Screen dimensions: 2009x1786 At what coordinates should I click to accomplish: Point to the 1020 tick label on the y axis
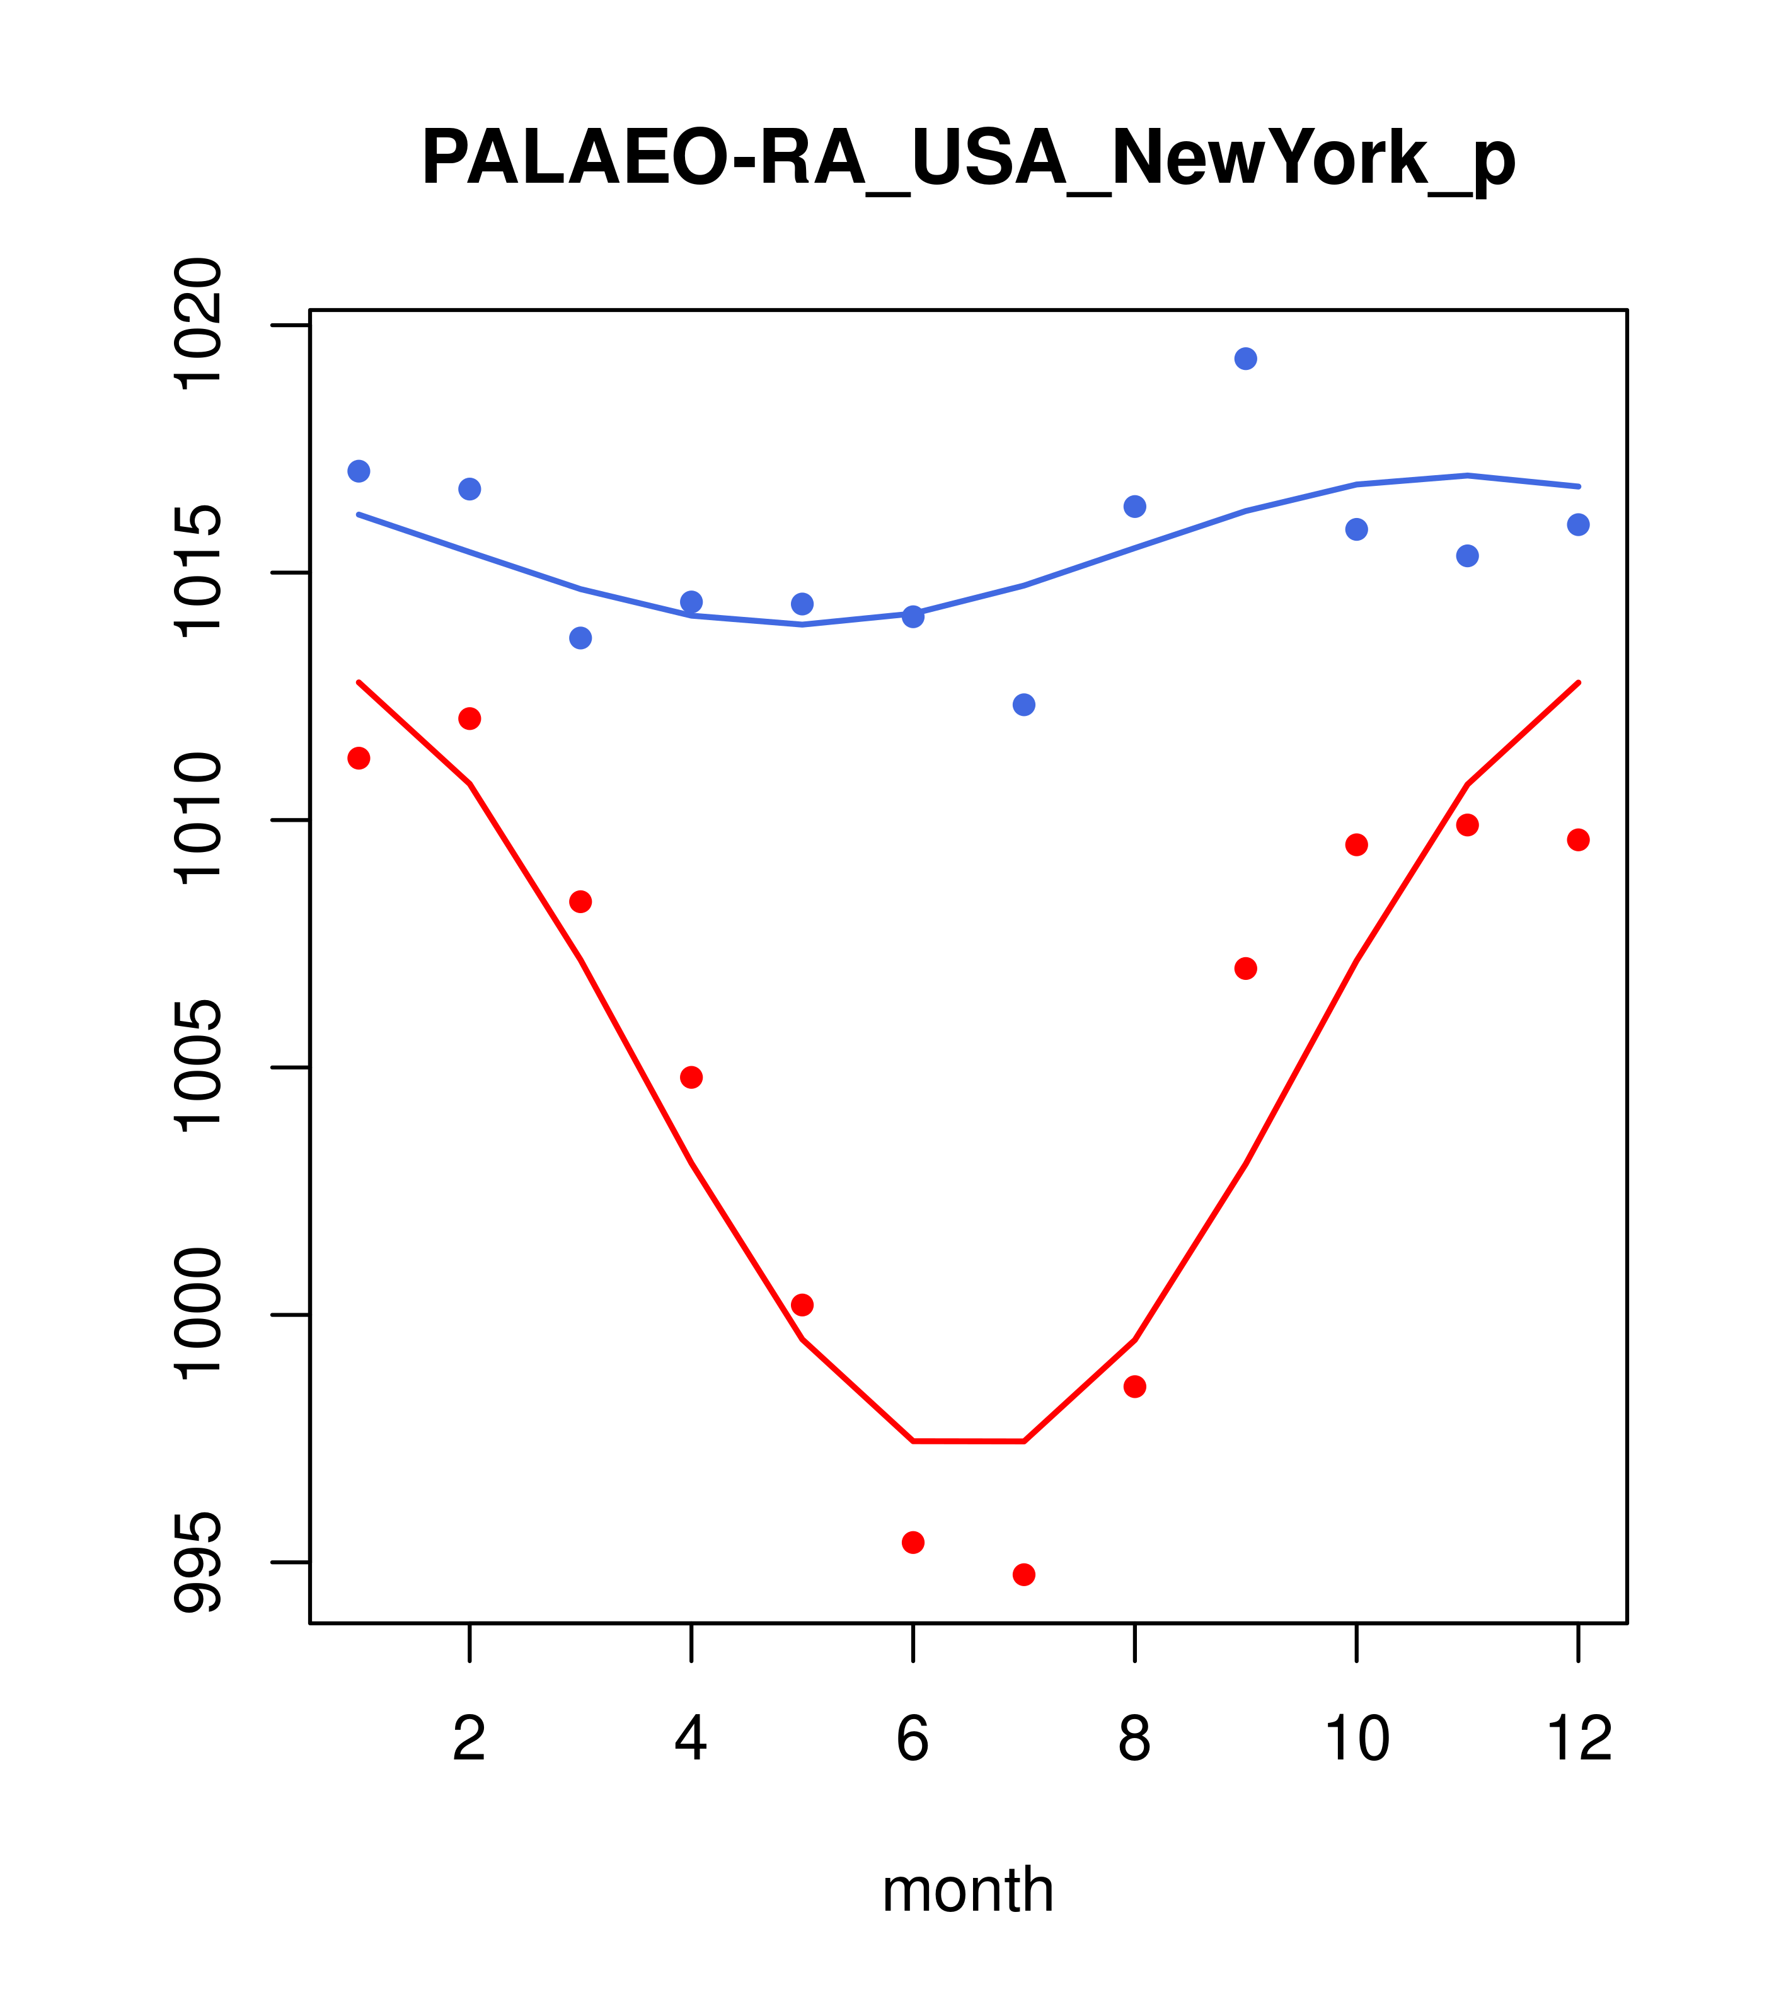pos(197,325)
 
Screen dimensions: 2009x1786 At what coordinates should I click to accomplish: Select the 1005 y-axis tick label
pos(197,1068)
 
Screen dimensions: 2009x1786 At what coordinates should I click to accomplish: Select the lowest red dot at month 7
pos(1023,1575)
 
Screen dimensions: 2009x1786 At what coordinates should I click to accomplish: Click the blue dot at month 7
pos(1023,705)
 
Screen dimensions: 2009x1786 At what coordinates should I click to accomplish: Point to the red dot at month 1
pos(359,758)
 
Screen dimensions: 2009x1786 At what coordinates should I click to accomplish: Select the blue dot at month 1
pos(359,471)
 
